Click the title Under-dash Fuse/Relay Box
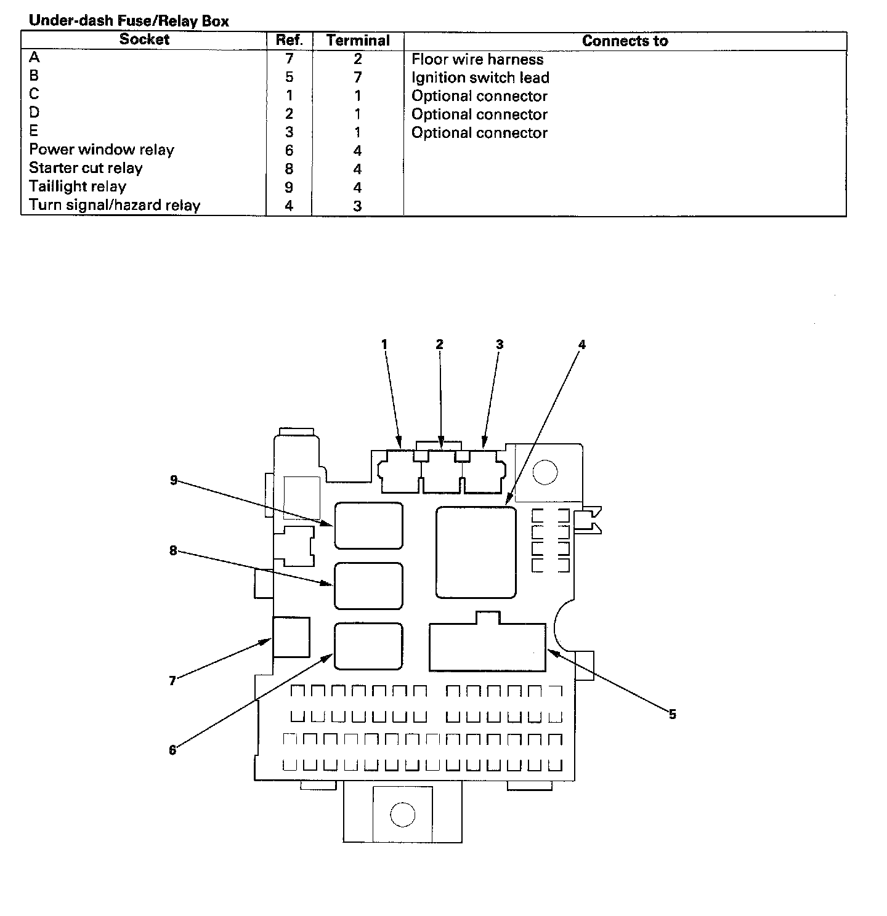tap(129, 21)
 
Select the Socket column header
tap(144, 40)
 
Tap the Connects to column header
tap(625, 41)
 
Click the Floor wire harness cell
tap(477, 60)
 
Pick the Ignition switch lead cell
tap(480, 78)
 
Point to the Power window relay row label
tap(102, 150)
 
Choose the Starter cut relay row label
tap(86, 169)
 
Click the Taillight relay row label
tap(78, 187)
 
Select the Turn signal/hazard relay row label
tap(115, 206)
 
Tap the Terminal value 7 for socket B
tap(357, 78)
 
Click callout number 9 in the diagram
tap(174, 480)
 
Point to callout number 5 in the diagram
tap(672, 714)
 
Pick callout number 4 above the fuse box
tap(581, 345)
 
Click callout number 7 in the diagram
tap(172, 680)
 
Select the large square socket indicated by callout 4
tap(476, 552)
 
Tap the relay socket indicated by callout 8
tap(368, 585)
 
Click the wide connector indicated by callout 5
tap(487, 646)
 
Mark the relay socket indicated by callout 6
tap(368, 646)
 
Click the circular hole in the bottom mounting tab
tap(402, 814)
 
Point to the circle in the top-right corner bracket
tap(545, 473)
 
